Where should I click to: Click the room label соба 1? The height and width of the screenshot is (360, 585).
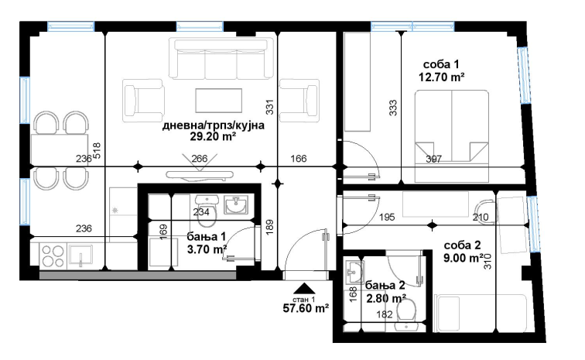click(x=441, y=64)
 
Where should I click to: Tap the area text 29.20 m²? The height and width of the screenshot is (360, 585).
click(x=213, y=137)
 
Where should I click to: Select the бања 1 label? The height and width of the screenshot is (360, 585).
click(x=207, y=236)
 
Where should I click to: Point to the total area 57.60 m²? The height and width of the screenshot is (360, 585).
click(x=306, y=308)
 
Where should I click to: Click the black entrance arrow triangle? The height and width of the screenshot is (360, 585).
click(x=305, y=288)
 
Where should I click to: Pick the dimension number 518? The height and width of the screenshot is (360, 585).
click(x=97, y=151)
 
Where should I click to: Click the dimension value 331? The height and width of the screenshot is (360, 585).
click(x=270, y=106)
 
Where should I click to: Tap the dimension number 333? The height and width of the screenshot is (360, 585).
click(x=393, y=108)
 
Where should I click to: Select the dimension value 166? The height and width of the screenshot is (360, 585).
click(x=299, y=159)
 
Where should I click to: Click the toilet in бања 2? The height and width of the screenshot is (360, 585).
click(x=406, y=311)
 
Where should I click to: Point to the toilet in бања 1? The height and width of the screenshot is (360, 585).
click(x=207, y=211)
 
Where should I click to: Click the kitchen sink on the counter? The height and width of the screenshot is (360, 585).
click(x=80, y=255)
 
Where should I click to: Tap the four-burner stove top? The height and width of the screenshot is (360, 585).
click(x=53, y=255)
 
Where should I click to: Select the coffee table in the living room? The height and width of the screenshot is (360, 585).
click(x=219, y=101)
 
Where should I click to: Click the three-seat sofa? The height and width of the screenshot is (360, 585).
click(x=221, y=58)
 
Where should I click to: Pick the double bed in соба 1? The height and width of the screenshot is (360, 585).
click(x=452, y=136)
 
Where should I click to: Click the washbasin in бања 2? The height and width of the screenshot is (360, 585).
click(x=354, y=272)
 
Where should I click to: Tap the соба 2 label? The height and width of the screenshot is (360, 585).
click(x=462, y=245)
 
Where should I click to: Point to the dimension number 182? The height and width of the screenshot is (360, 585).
click(x=385, y=314)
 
